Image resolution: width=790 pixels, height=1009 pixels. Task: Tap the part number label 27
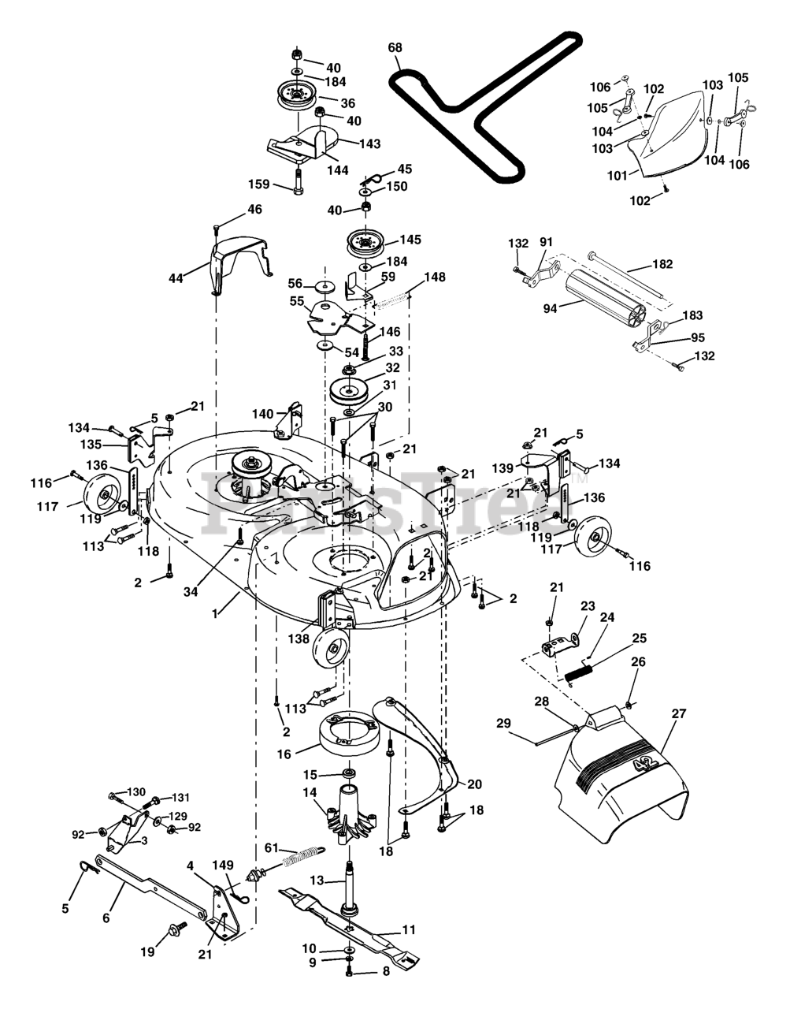pos(678,713)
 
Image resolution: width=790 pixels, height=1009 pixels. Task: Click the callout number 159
pos(259,184)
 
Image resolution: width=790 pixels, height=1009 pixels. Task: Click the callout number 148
pos(434,277)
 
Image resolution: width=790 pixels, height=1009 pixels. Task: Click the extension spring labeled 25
pos(580,674)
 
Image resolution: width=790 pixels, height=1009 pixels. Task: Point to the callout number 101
pos(617,176)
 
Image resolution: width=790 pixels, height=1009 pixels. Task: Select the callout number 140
pos(262,413)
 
